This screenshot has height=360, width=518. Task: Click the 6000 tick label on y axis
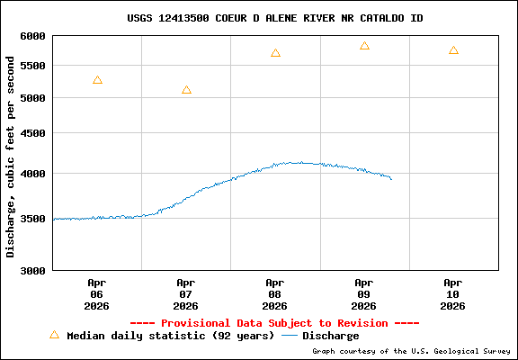(x=32, y=36)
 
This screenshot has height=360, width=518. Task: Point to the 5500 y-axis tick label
(x=32, y=67)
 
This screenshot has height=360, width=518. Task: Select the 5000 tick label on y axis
(x=32, y=98)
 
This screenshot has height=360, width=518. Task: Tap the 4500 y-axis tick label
(x=32, y=133)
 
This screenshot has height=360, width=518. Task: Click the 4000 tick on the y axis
(x=32, y=174)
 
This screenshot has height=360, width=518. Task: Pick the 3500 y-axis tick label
(x=32, y=219)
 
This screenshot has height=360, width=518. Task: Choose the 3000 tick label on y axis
(x=32, y=270)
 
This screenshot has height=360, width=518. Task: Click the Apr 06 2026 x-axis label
(x=97, y=293)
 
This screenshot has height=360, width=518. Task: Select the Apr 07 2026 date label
(x=186, y=293)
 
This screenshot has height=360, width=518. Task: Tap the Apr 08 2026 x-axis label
(x=275, y=293)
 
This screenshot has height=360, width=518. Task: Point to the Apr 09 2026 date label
(x=364, y=293)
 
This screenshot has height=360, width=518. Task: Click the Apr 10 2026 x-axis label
(x=453, y=293)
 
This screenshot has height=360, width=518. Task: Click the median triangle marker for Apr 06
(x=97, y=80)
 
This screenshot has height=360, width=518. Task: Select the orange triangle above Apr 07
(x=186, y=90)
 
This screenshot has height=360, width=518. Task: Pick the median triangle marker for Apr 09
(x=364, y=46)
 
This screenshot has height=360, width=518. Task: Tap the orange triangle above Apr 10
(x=453, y=50)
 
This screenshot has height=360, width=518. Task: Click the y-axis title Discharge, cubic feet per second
(x=11, y=153)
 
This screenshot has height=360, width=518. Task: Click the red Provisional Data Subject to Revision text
(x=274, y=323)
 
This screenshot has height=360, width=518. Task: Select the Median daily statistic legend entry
(x=162, y=336)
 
